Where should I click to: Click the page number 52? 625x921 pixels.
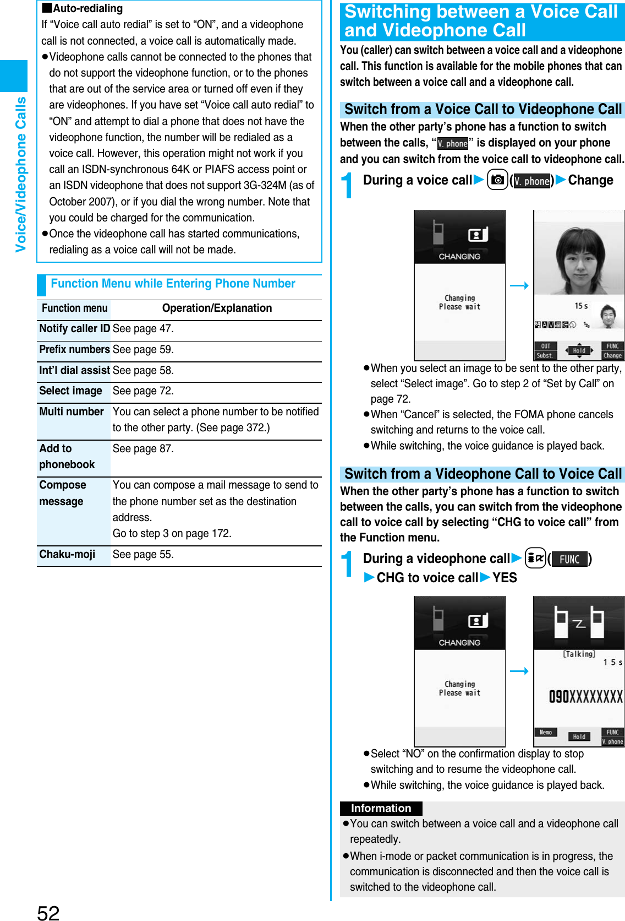(x=48, y=912)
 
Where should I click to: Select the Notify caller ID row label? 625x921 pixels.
(x=74, y=329)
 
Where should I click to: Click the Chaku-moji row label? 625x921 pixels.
(x=67, y=554)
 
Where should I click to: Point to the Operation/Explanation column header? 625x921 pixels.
(x=217, y=308)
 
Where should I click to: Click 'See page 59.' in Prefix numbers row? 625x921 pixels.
(x=143, y=350)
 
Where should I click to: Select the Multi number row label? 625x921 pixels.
(x=72, y=412)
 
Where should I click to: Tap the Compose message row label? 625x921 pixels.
(x=62, y=493)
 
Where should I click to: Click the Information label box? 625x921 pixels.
(x=381, y=808)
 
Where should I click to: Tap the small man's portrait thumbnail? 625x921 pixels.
(x=607, y=316)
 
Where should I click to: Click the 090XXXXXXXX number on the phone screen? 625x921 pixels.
(x=585, y=697)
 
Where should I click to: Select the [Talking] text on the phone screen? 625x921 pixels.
(x=579, y=654)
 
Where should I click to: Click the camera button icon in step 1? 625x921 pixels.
(x=497, y=180)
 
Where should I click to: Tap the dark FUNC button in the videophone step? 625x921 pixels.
(x=569, y=559)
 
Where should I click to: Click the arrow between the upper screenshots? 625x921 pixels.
(x=519, y=285)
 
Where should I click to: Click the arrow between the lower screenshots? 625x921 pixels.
(x=519, y=671)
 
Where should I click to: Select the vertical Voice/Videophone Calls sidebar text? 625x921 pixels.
(x=21, y=174)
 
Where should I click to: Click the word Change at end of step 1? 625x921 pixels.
(x=590, y=181)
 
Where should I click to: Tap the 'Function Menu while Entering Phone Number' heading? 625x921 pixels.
(x=173, y=284)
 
